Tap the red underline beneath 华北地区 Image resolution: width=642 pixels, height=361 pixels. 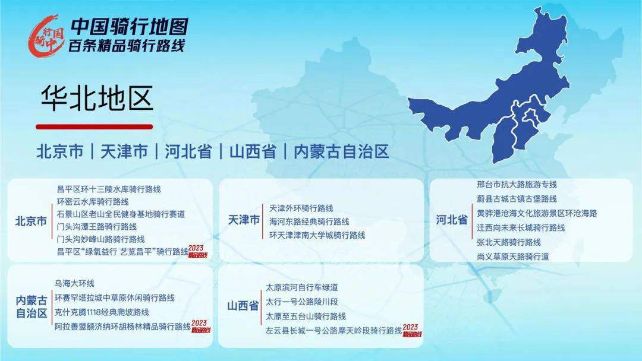tap(95, 126)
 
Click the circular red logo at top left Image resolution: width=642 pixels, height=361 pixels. tap(46, 36)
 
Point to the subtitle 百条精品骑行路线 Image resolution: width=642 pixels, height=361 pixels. tap(127, 46)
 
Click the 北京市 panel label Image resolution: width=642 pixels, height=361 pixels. tap(31, 221)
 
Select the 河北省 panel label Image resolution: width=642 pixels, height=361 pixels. tap(451, 220)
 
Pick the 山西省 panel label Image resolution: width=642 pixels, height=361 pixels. tap(243, 306)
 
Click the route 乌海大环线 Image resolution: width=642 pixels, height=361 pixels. tap(74, 283)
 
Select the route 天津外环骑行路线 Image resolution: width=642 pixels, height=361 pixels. tap(301, 208)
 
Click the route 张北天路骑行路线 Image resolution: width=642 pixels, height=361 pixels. tap(509, 242)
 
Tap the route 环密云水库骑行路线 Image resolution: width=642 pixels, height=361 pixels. tap(93, 201)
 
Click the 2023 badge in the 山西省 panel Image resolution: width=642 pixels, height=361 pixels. tap(411, 330)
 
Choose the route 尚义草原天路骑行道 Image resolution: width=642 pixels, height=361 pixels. tap(513, 256)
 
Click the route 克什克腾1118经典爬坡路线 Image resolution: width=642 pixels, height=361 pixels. tap(102, 312)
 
